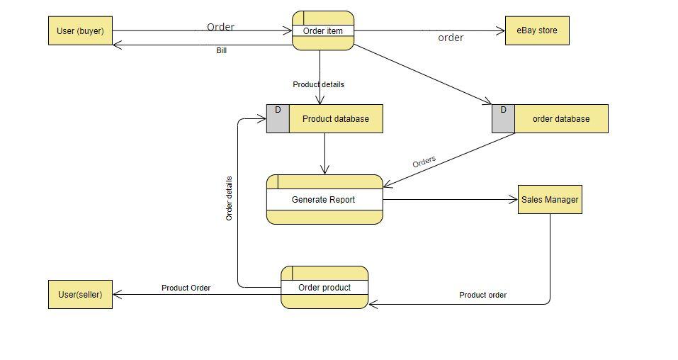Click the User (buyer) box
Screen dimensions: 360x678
pos(80,31)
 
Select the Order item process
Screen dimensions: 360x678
pos(323,30)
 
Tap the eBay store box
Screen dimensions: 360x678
pos(536,30)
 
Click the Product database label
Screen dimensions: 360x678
pos(335,119)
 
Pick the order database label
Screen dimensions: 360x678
pos(560,119)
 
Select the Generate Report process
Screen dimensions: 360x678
pos(324,200)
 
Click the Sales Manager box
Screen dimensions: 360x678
pos(550,200)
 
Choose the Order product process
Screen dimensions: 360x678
pos(324,288)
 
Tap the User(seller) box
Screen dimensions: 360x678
pos(80,295)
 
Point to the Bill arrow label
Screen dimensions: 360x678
pos(222,51)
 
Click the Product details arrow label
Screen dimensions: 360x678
pos(318,84)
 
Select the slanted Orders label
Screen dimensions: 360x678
pos(424,162)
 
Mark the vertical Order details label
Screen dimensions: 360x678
pos(229,198)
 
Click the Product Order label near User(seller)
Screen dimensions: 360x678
pos(186,288)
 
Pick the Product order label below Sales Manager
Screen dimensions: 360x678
pos(482,295)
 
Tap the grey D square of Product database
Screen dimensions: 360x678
pos(278,119)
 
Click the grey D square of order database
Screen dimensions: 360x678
pos(503,119)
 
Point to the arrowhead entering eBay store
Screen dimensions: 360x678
pos(502,30)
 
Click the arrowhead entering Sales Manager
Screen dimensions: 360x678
pos(514,200)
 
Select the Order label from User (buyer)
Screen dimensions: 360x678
pos(220,27)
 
